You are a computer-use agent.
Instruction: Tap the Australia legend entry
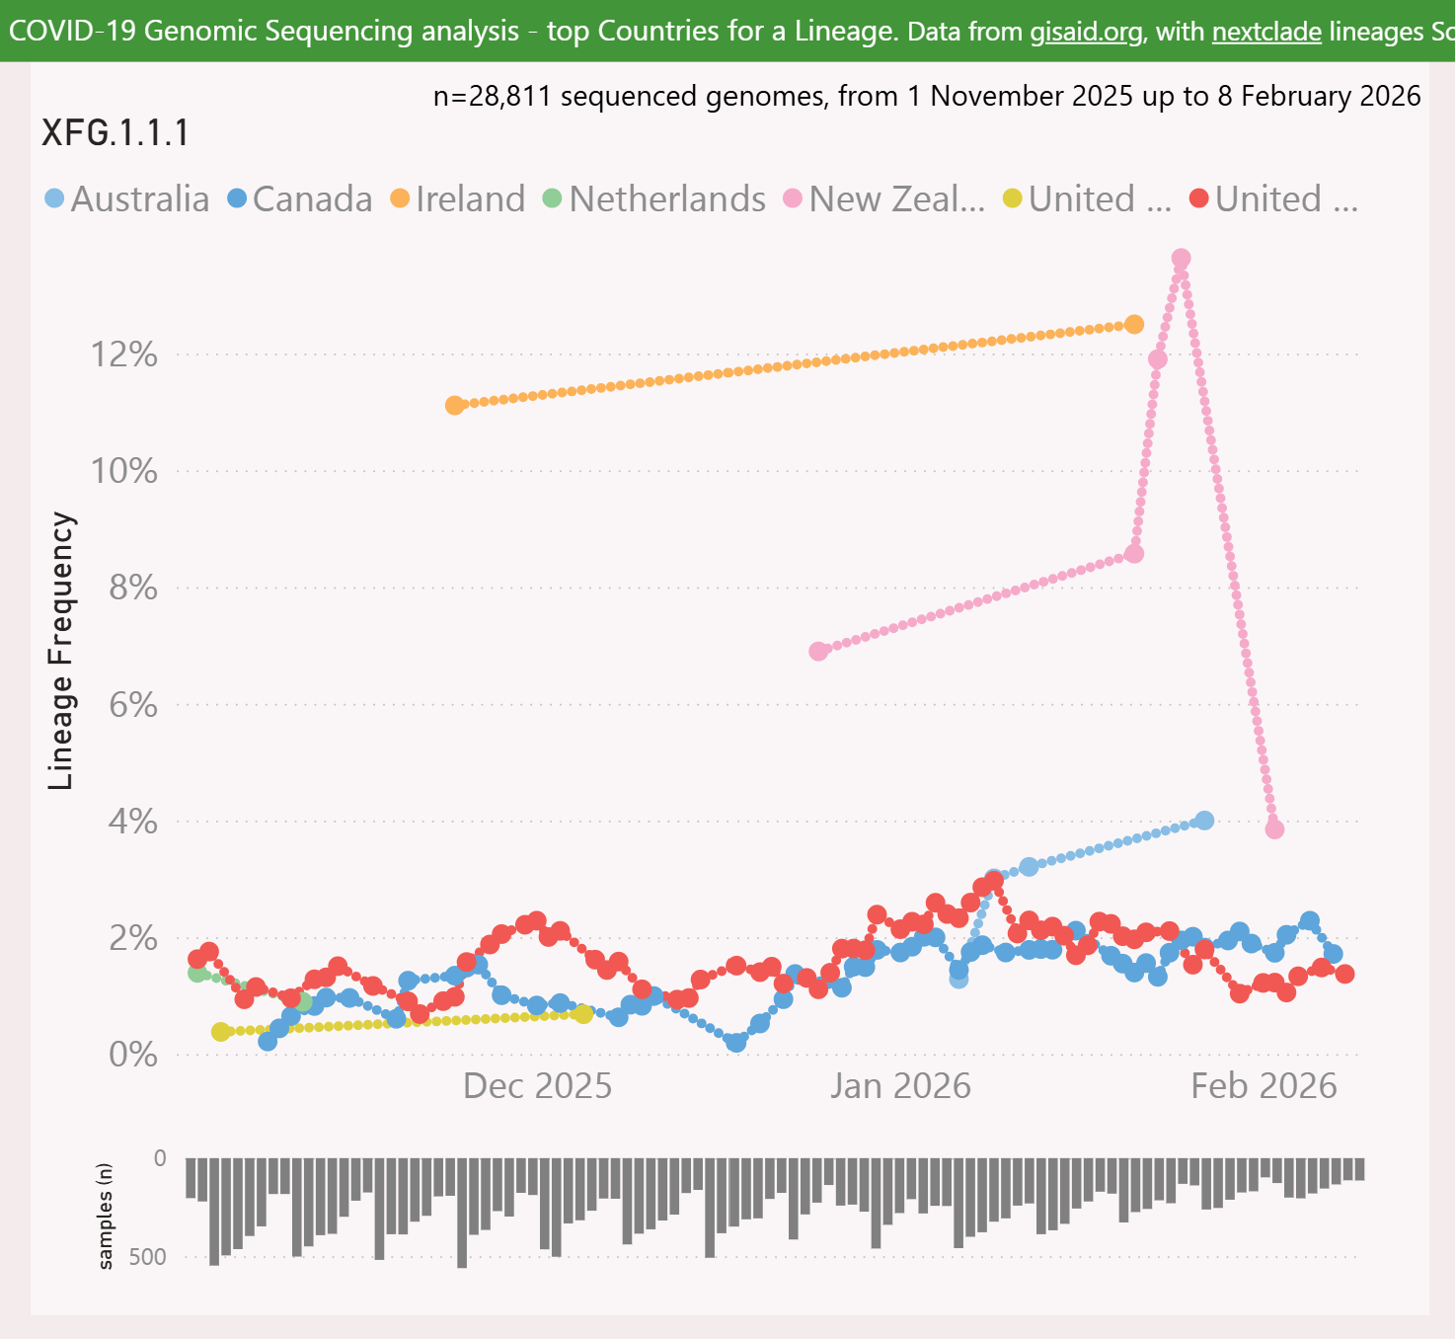(127, 199)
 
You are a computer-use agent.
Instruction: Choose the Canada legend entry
(300, 199)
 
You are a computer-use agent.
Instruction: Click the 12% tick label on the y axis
(124, 354)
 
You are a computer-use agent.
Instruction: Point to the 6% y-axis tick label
(132, 705)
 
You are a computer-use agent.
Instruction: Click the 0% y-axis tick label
(132, 1055)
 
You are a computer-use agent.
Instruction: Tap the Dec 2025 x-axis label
(537, 1086)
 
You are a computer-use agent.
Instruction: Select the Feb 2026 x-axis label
(1264, 1086)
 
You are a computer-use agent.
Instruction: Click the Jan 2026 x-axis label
(900, 1086)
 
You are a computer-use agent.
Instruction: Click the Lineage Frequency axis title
(62, 651)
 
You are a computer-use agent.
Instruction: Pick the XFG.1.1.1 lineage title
(115, 133)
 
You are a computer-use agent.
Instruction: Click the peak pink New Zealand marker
(1181, 259)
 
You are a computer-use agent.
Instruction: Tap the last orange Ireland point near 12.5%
(1134, 325)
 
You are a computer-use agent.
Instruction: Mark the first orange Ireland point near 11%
(454, 405)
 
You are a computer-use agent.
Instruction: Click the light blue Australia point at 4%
(1204, 821)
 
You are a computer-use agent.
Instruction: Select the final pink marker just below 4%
(1274, 829)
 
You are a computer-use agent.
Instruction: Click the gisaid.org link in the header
(1086, 32)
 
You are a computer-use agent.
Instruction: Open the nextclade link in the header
(1266, 32)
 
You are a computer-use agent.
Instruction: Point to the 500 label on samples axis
(147, 1257)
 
